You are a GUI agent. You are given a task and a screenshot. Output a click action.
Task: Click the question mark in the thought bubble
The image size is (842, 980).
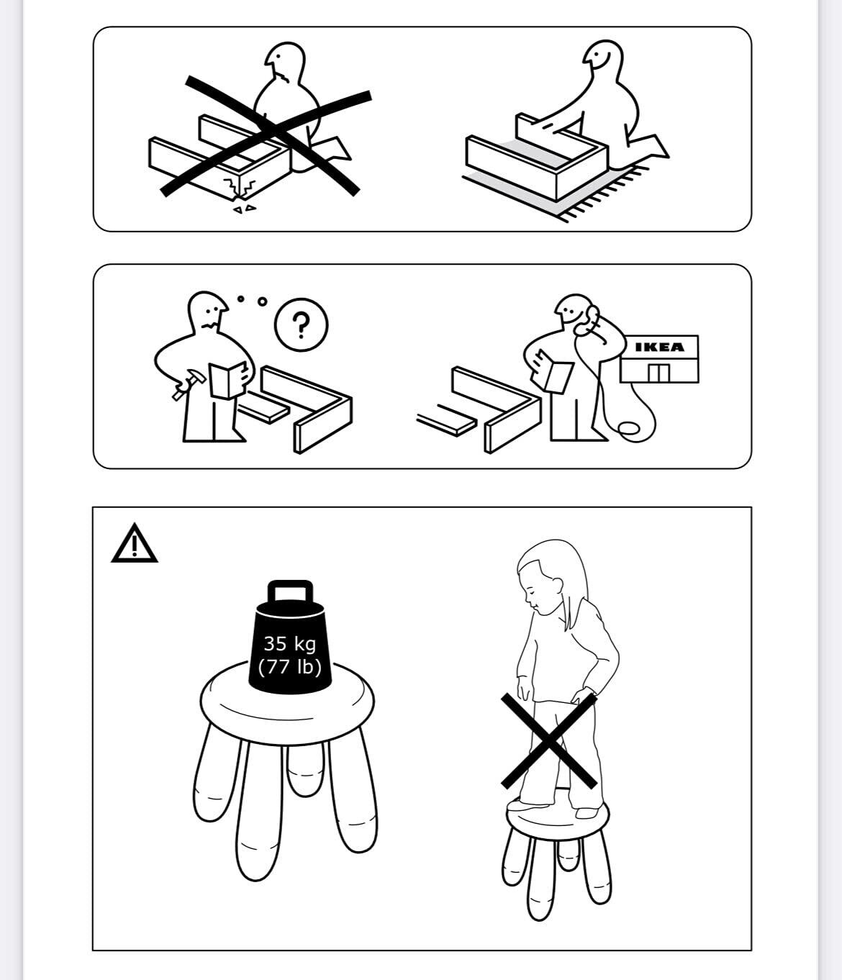point(301,325)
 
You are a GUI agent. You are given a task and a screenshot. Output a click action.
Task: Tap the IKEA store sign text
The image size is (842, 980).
point(659,347)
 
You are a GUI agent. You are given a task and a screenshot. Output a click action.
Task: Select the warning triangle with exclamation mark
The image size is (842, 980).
point(134,543)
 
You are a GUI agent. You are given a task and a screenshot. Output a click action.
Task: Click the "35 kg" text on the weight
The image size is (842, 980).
point(289,644)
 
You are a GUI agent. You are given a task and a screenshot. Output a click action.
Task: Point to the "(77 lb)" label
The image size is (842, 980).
point(290,666)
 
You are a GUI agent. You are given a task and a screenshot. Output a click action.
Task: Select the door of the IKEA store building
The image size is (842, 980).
point(658,373)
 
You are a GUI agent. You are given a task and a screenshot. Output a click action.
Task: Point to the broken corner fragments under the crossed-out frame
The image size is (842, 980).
point(244,208)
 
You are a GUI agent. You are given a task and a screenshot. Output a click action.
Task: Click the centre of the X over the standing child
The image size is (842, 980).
point(548,740)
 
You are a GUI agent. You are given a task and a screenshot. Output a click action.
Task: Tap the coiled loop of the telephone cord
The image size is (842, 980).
point(629,428)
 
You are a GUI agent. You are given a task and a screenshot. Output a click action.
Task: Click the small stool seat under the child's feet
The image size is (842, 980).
point(558,817)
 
